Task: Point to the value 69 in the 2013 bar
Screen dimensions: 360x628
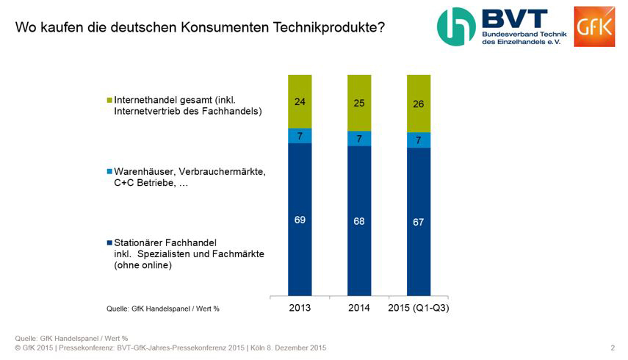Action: [x=300, y=220]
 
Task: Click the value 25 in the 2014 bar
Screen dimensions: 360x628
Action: [x=358, y=104]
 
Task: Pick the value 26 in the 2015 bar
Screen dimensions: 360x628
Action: [x=417, y=105]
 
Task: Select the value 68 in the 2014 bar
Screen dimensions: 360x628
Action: [x=358, y=220]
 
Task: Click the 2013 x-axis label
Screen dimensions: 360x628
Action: [x=300, y=308]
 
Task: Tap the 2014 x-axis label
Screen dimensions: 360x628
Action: [x=358, y=308]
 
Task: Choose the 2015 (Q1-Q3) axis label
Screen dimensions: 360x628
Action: [x=418, y=308]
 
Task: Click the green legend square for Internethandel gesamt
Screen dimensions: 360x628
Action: [x=109, y=100]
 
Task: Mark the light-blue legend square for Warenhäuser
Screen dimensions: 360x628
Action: [x=109, y=172]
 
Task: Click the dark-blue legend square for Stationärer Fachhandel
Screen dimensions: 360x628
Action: [x=109, y=242]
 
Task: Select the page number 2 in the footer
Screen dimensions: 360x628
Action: [x=613, y=348]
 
